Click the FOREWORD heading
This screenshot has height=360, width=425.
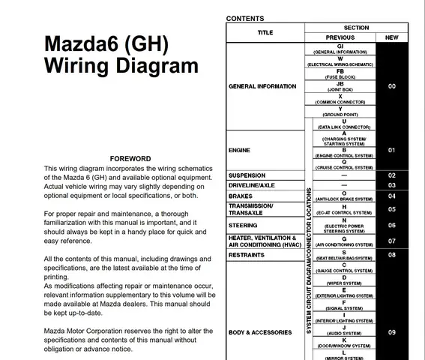(x=130, y=159)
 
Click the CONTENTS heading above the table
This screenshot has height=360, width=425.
(x=244, y=18)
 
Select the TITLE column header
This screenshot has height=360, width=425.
(x=265, y=33)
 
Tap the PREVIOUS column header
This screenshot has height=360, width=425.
(x=340, y=37)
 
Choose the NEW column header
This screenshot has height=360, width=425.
(x=391, y=37)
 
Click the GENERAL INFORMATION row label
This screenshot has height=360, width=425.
(x=262, y=86)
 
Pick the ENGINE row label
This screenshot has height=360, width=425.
(x=240, y=149)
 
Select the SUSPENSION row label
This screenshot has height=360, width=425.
(x=247, y=175)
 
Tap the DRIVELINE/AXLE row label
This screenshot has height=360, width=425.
(x=251, y=185)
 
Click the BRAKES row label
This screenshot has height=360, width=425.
(x=241, y=196)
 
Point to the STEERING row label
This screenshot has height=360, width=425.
(x=243, y=224)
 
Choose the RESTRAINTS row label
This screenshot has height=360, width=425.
(x=247, y=255)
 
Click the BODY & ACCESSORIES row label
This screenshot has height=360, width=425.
(x=259, y=332)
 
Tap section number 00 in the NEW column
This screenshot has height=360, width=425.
(x=391, y=86)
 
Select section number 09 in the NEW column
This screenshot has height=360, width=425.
(x=391, y=332)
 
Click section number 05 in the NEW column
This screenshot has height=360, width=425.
(x=391, y=210)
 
